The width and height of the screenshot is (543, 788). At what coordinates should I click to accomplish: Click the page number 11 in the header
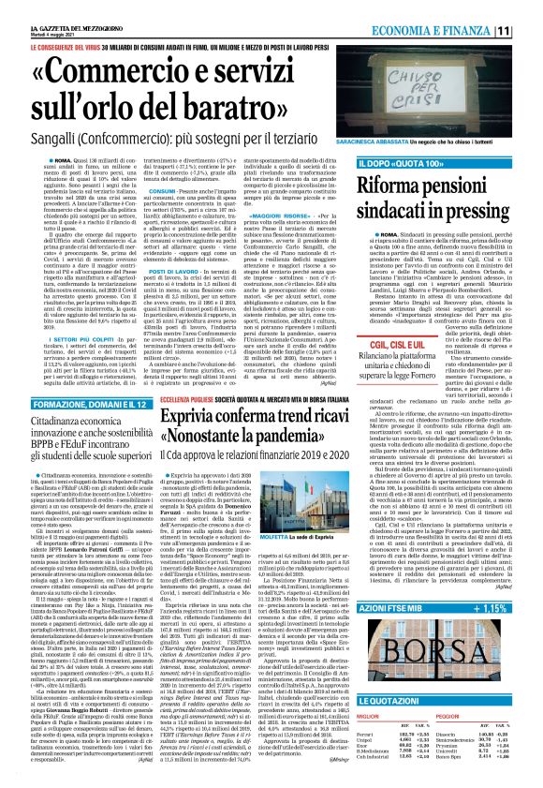[x=529, y=30]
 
